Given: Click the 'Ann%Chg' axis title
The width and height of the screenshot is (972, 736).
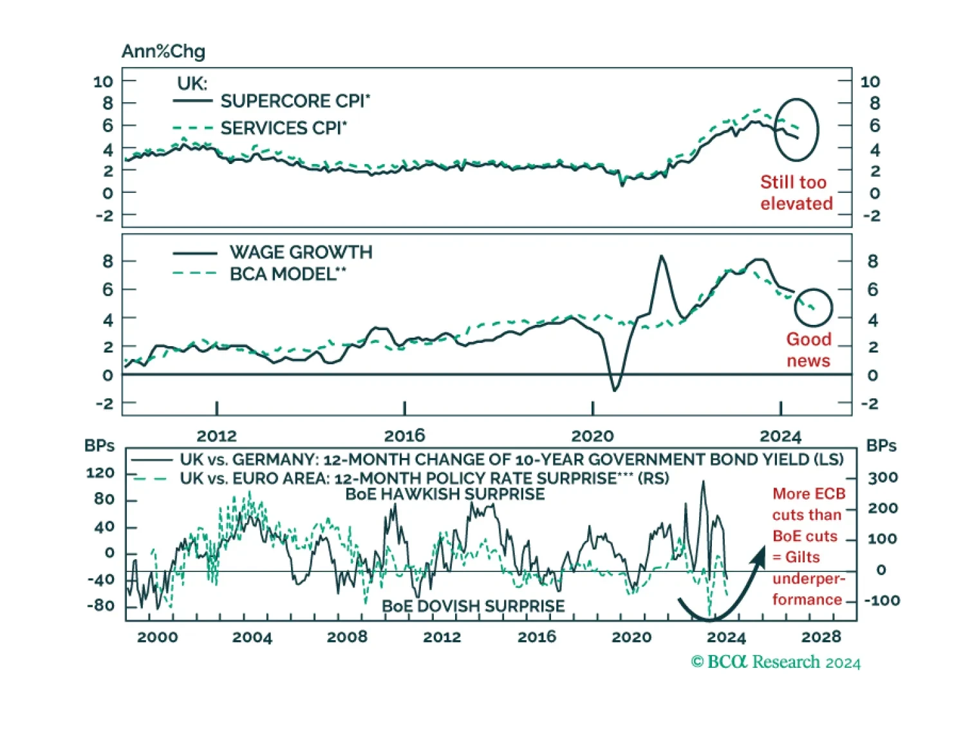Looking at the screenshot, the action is [163, 51].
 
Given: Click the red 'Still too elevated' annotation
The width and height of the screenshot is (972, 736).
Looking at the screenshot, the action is [796, 192].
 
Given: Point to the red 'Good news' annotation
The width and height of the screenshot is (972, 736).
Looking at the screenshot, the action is [808, 349].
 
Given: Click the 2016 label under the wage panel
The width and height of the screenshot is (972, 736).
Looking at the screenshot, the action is [404, 436].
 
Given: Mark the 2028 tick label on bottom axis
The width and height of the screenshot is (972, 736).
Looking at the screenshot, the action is [821, 637].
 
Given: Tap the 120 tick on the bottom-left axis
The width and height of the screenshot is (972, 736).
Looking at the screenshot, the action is [100, 473].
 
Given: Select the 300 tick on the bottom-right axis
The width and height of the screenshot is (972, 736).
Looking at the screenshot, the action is [883, 477].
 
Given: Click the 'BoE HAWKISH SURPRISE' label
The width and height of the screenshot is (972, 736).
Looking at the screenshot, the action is [445, 494].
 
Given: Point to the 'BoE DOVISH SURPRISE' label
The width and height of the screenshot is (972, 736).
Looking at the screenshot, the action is [473, 606].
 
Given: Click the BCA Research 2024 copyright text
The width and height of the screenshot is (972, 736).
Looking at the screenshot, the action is [776, 662].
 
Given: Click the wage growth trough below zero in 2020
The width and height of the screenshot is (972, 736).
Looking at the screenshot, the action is [615, 390].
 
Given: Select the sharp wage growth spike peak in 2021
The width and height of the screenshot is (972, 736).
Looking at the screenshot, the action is [662, 256].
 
